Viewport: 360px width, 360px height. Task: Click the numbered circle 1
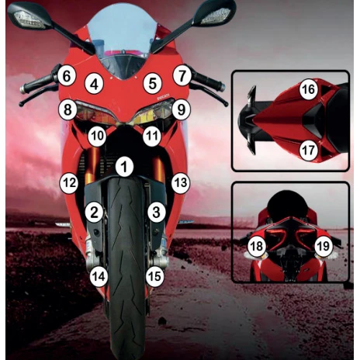124,167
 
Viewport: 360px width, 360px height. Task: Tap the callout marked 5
153,84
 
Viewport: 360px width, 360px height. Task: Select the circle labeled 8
67,110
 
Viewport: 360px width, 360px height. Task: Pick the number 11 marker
152,136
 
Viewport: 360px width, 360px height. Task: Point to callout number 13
181,183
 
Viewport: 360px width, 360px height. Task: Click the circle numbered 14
99,277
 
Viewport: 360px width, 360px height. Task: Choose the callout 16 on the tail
308,89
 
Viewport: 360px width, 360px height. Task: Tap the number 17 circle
308,151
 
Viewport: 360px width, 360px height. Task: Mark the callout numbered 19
324,246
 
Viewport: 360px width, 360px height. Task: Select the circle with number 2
94,213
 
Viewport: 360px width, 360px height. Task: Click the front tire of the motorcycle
126,266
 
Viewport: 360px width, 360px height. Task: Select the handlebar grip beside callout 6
37,84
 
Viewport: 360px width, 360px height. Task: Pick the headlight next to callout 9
153,113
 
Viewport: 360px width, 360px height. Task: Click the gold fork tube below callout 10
94,164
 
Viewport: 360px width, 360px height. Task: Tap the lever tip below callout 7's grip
227,105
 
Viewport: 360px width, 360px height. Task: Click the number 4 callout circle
95,84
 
